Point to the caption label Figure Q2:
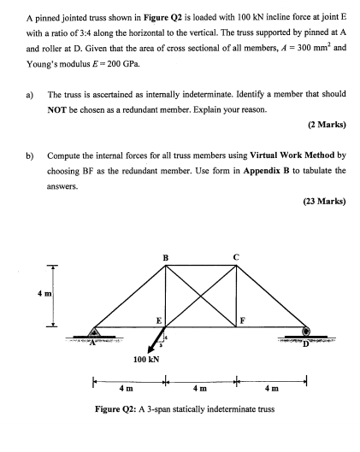pos(116,411)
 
